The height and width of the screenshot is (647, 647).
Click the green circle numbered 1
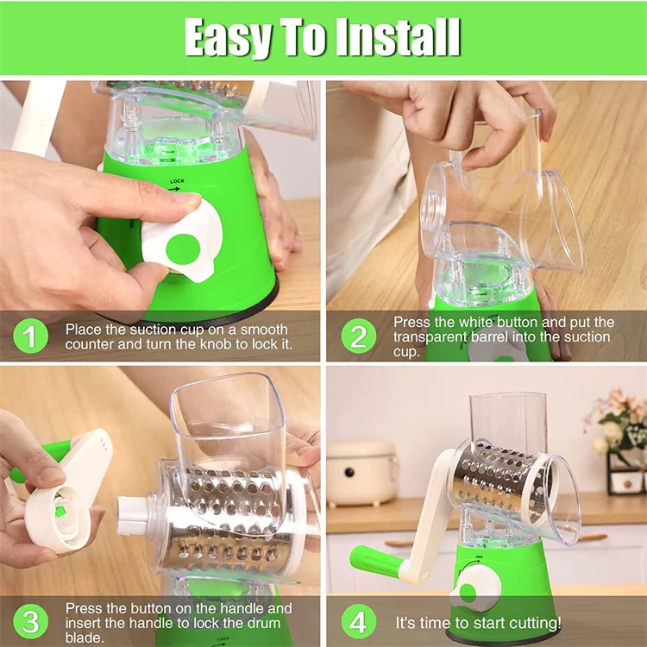click(31, 336)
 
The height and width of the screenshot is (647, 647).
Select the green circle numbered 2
click(358, 336)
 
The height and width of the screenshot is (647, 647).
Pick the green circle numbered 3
click(31, 621)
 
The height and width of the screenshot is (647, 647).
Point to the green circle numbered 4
click(358, 621)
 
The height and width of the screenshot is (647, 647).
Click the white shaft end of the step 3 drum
click(134, 514)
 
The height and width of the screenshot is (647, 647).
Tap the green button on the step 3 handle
click(61, 512)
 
